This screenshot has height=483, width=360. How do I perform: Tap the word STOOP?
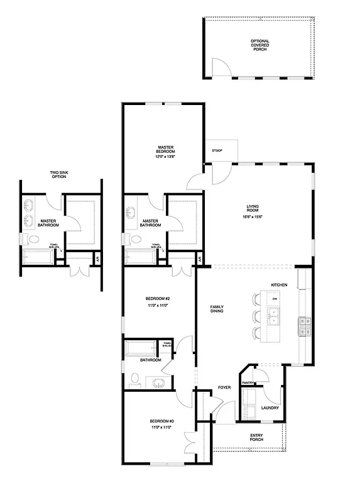[218, 150]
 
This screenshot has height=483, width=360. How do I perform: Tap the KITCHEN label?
[279, 285]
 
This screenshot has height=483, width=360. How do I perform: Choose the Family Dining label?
[218, 309]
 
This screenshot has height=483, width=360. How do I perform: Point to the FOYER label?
[224, 387]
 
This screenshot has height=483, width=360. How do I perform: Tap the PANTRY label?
[248, 382]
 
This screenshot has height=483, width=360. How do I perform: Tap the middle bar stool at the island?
[256, 315]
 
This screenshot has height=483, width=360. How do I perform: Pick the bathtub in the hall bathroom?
[142, 348]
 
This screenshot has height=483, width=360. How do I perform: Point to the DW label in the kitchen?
[275, 299]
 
